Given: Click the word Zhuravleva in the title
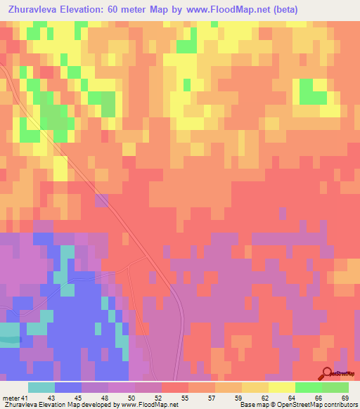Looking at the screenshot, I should (33, 10).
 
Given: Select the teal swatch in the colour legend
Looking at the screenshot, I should (41, 387).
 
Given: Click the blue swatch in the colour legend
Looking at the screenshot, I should (68, 387).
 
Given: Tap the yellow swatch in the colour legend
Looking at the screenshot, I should (281, 387).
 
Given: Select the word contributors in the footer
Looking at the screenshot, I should (340, 404).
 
